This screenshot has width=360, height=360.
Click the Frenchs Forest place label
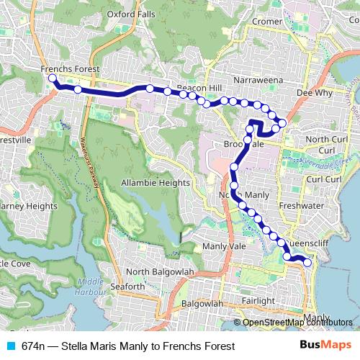(x=71, y=69)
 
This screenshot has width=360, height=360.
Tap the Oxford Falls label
(x=130, y=13)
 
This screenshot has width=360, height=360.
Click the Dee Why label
(x=312, y=92)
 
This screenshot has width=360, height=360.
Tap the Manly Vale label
(x=225, y=246)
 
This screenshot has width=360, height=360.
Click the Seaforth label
(x=128, y=287)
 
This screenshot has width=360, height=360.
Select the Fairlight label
(x=258, y=300)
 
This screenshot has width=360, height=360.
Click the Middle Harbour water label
(x=91, y=286)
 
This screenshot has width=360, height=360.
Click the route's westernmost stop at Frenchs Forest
(x=52, y=78)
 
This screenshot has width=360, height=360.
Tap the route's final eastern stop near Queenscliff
(x=308, y=262)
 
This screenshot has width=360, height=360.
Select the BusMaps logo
(x=325, y=346)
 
